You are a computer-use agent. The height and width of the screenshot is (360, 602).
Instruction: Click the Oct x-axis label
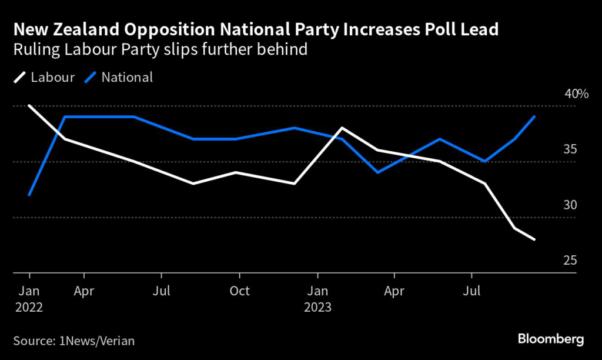point(239,291)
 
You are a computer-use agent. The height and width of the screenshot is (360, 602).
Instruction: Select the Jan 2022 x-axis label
point(29,299)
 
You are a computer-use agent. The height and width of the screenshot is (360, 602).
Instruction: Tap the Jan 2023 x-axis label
point(317,299)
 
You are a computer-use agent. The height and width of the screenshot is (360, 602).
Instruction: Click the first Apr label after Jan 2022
point(85,291)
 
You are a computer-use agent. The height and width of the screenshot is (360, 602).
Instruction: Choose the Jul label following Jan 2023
point(471,291)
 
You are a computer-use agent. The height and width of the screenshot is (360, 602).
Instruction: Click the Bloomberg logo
point(551,339)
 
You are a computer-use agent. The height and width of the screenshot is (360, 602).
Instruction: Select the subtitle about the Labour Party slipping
point(160,49)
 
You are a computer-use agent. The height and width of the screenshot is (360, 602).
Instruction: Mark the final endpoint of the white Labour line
point(534,239)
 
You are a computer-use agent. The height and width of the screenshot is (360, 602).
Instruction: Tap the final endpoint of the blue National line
point(534,116)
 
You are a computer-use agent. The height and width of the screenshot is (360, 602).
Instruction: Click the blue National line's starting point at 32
point(29,195)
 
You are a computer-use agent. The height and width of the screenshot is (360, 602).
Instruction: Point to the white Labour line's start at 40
point(29,106)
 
